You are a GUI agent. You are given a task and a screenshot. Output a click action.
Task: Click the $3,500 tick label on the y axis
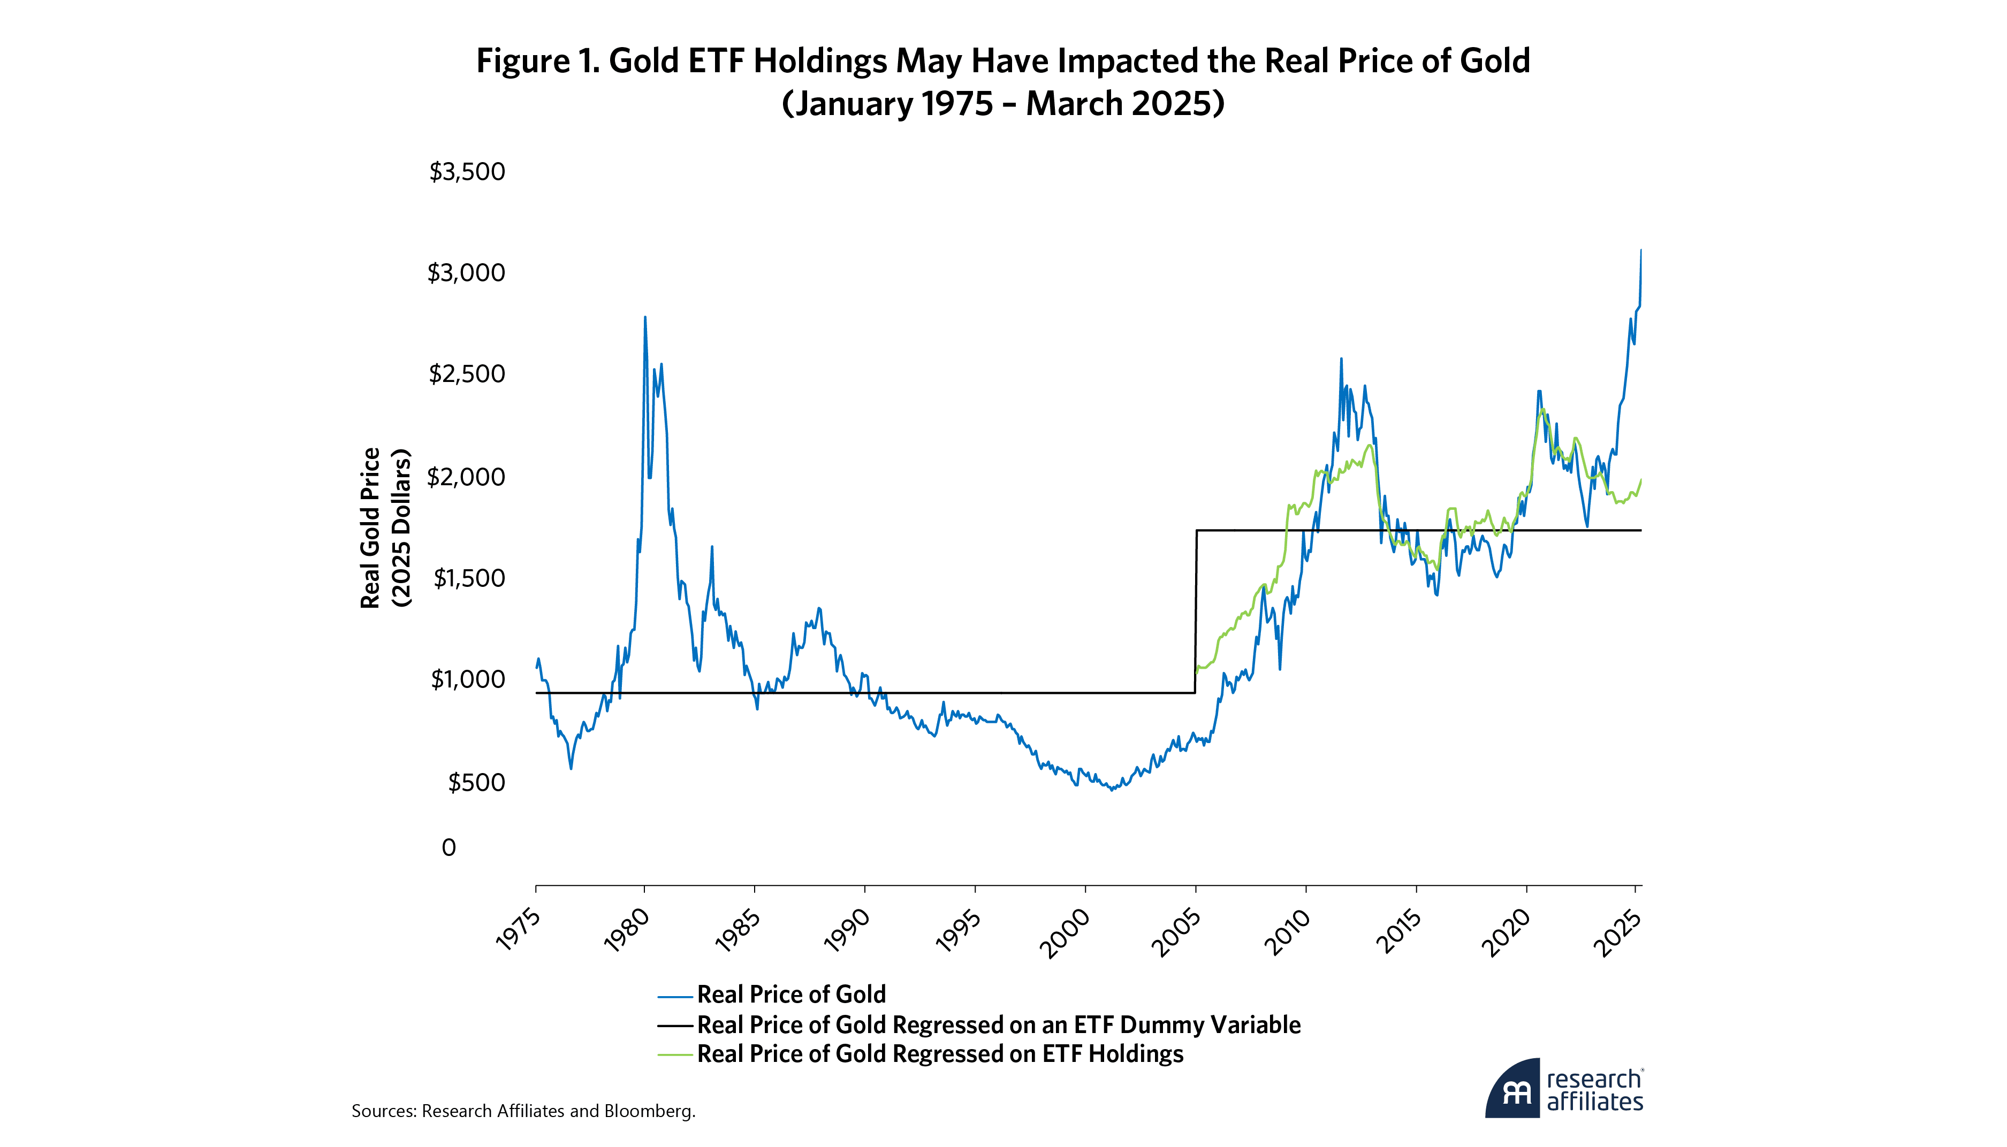tap(467, 172)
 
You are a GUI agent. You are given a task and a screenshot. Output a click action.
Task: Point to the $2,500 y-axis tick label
tap(467, 373)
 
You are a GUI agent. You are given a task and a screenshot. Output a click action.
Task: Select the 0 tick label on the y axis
tap(448, 847)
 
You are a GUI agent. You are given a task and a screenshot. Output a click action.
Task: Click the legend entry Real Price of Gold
tap(791, 994)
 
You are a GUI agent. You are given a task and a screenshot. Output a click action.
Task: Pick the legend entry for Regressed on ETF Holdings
tap(939, 1054)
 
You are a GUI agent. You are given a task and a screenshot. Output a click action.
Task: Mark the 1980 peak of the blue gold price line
tap(644, 318)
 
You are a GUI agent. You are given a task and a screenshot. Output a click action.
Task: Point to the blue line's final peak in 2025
tap(1640, 250)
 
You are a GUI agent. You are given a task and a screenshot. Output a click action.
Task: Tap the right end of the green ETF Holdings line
tap(1640, 480)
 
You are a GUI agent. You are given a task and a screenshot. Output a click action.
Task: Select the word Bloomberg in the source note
tap(649, 1111)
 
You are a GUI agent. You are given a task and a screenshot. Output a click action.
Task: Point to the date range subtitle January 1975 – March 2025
tap(1002, 104)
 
